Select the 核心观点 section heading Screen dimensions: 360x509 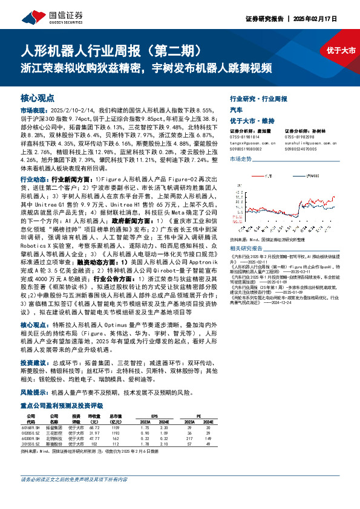[38, 98]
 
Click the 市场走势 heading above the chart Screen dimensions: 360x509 [240, 158]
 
